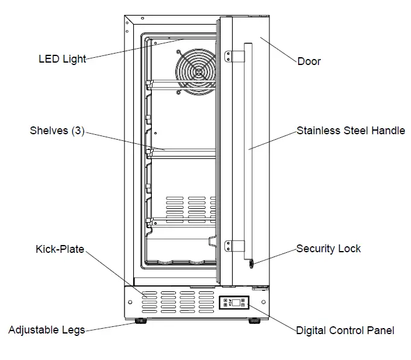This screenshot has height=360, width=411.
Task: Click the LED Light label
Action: [x=62, y=59]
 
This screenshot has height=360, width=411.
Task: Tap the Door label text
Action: [x=309, y=61]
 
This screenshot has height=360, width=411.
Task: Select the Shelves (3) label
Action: [x=57, y=130]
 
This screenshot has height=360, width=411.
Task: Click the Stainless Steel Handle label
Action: [x=351, y=130]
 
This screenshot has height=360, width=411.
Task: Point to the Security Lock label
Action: [x=328, y=249]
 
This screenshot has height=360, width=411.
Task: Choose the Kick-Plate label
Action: [x=59, y=248]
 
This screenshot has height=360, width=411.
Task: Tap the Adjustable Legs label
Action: [x=46, y=330]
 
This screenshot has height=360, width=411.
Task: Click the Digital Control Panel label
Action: [x=345, y=330]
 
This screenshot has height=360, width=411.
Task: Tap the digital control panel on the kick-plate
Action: [x=234, y=303]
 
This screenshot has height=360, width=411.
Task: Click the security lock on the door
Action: [x=251, y=262]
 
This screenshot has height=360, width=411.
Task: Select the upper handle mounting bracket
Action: [x=236, y=56]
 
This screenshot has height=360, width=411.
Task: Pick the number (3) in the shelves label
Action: [x=77, y=130]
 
